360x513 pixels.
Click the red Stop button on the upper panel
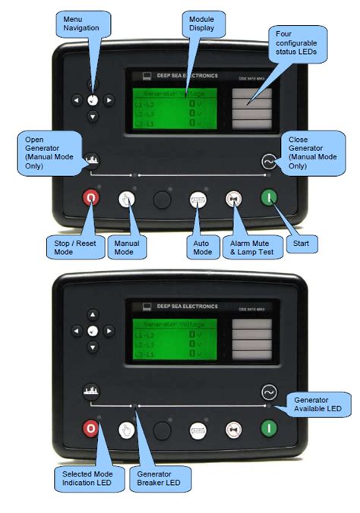point(91,199)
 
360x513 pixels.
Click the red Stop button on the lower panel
point(91,429)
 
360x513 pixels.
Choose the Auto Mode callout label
point(201,247)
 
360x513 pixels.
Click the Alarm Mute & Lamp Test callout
point(247,247)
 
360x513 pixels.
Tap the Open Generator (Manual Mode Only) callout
point(50,150)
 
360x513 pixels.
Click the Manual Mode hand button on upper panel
point(127,199)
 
